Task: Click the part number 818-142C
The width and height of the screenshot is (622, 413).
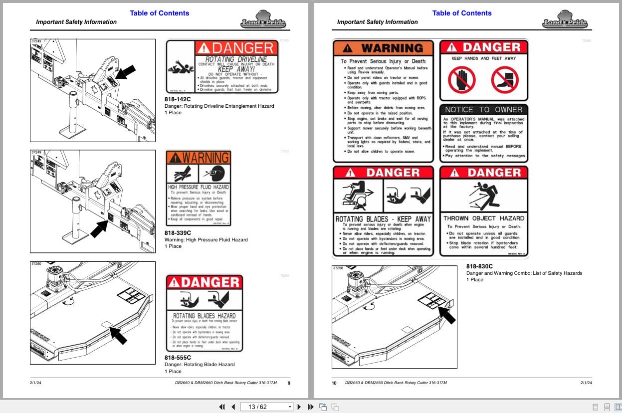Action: [x=178, y=99]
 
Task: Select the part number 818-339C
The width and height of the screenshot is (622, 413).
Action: [x=178, y=233]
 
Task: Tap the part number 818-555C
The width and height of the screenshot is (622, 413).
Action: [x=178, y=358]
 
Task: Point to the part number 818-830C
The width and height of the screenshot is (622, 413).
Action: [x=479, y=266]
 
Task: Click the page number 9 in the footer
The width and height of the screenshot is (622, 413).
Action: [x=289, y=383]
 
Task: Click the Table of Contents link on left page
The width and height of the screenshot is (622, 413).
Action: [x=160, y=13]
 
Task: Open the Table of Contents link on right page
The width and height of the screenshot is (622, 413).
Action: [x=462, y=13]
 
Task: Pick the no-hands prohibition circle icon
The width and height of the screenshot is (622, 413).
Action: [x=461, y=80]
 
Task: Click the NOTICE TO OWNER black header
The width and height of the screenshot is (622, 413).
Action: [x=483, y=110]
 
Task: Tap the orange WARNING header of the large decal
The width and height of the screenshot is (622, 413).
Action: [x=383, y=48]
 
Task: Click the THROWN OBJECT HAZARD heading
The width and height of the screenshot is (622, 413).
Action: [x=483, y=218]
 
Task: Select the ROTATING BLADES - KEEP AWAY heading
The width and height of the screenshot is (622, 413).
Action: [x=383, y=219]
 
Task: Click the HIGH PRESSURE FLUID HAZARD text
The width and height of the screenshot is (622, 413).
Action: [x=198, y=187]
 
